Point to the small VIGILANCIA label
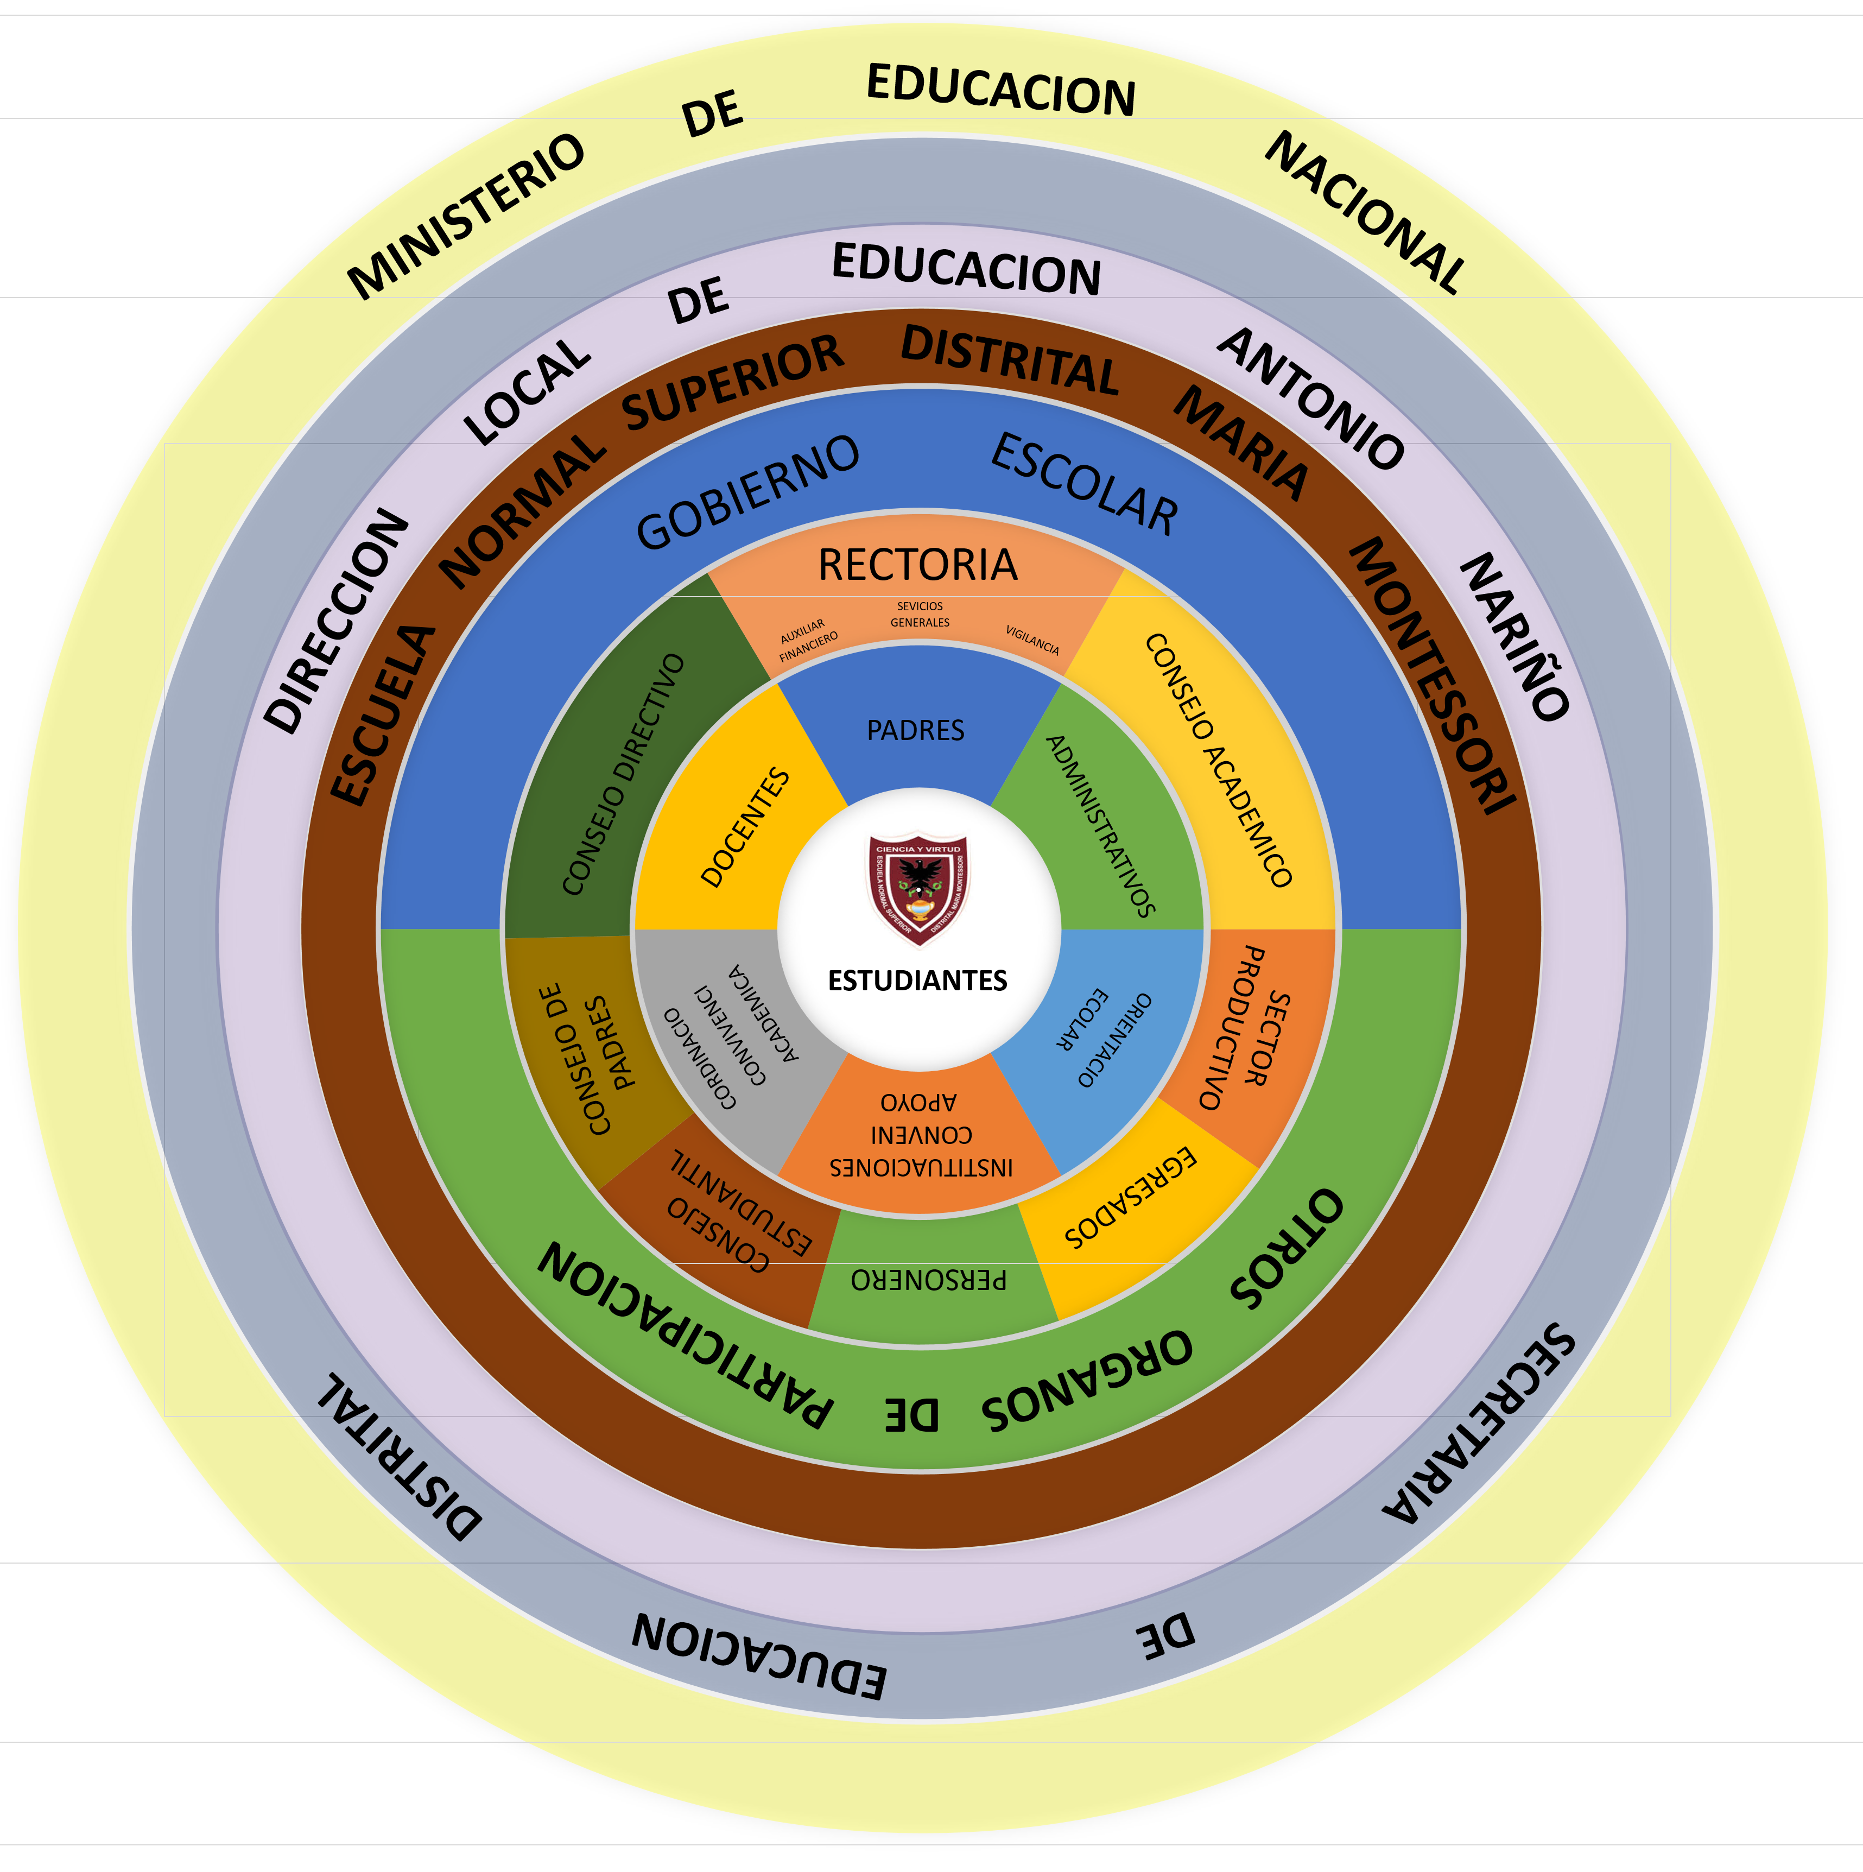1032,640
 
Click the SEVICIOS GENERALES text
920,614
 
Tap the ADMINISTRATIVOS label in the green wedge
1100,826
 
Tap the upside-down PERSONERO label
928,1280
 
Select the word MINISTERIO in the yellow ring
466,215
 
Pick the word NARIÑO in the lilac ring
1515,637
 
